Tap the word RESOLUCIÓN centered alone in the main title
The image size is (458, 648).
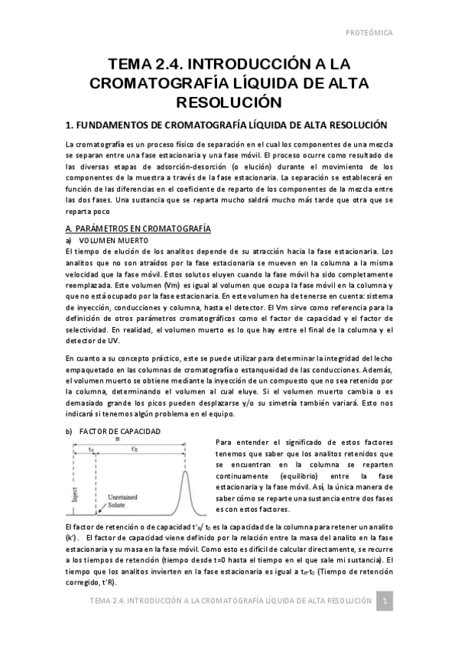pyautogui.click(x=229, y=102)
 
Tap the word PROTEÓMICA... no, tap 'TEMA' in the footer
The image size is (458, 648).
pyautogui.click(x=101, y=601)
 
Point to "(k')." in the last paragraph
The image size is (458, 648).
pyautogui.click(x=75, y=539)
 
